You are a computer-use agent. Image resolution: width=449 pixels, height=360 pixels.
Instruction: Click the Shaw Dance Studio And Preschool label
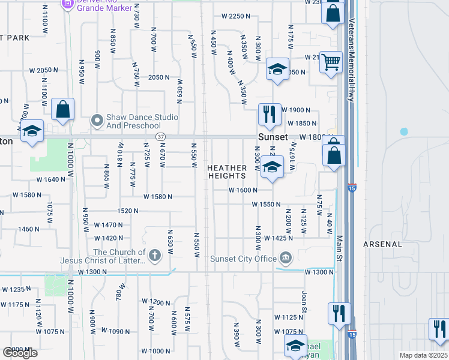coord(142,121)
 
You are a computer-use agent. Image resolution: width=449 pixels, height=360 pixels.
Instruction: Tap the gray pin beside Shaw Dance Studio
coord(97,121)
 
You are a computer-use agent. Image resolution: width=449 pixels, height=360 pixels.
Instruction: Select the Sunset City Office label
coord(243,259)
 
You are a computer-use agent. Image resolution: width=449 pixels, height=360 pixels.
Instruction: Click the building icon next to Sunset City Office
coord(286,259)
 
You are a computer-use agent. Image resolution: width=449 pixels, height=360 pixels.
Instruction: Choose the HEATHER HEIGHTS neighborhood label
coord(227,172)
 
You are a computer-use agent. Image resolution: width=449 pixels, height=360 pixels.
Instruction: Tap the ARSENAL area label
coord(382,244)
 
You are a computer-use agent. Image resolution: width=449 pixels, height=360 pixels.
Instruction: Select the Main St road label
coord(338,239)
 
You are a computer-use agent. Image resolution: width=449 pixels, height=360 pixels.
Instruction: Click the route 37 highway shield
coord(160,137)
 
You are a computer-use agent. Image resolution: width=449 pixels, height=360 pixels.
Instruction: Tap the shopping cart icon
coord(331,62)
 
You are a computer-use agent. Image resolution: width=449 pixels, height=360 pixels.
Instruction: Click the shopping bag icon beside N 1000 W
coord(62,110)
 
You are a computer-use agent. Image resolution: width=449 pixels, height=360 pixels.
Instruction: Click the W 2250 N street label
coord(235,16)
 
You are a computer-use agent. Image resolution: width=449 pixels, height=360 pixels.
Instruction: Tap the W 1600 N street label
coord(243,190)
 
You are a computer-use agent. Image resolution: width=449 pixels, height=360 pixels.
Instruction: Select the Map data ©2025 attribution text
coord(423,355)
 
